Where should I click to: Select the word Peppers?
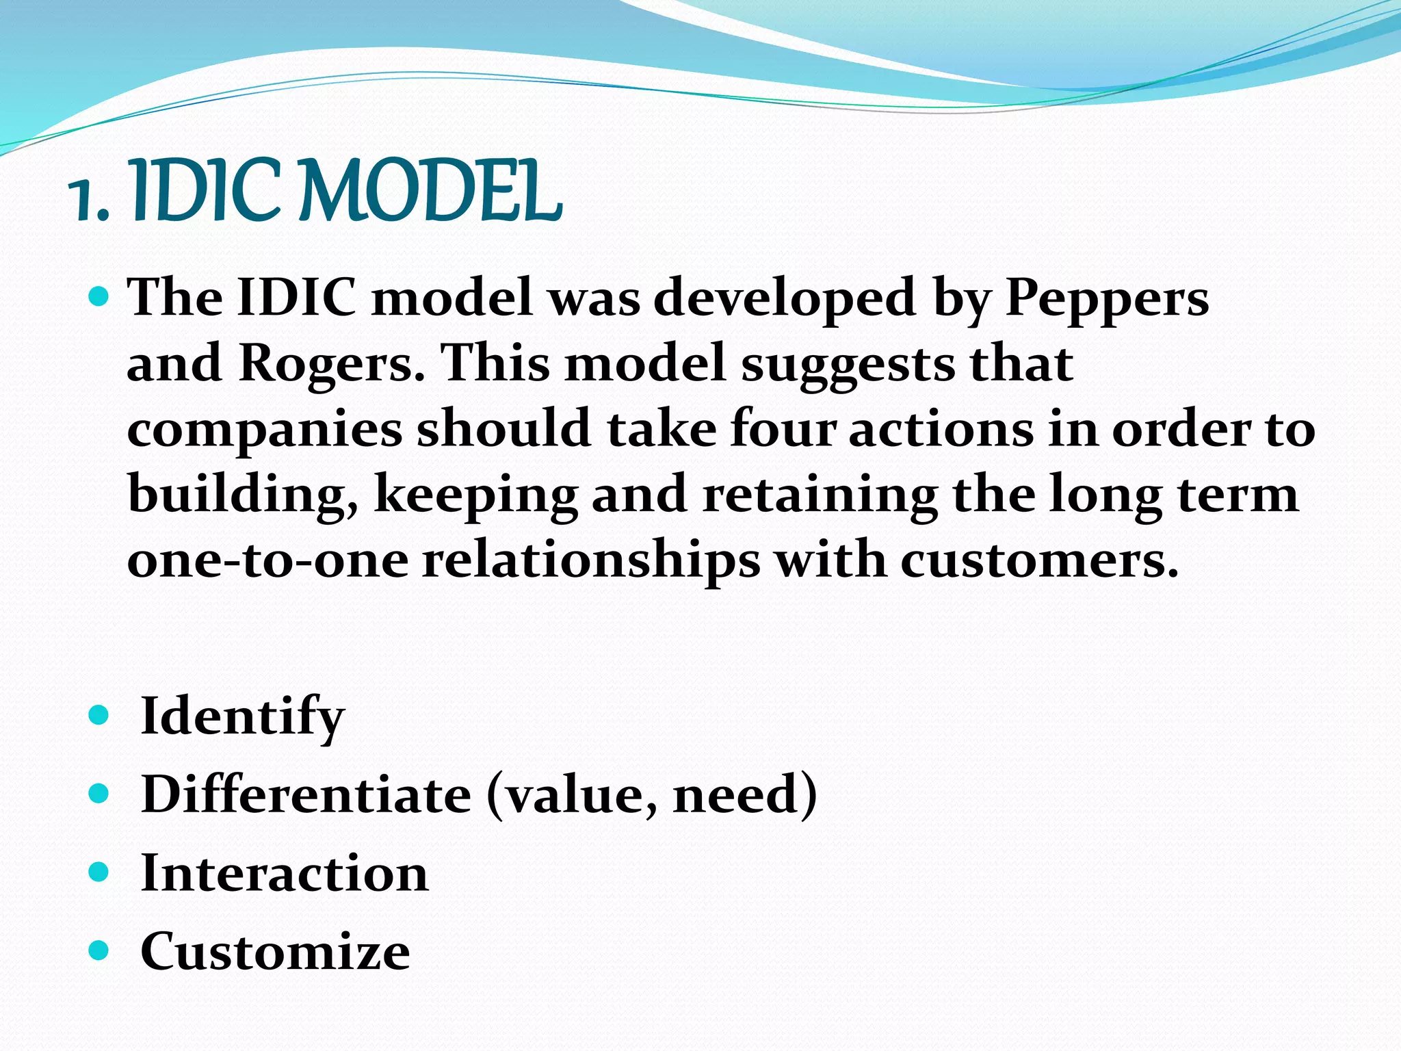tap(1106, 300)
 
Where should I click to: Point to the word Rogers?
tap(331, 364)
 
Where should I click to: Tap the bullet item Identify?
tap(242, 716)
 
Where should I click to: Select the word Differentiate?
tap(306, 794)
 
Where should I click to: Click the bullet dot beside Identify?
tap(99, 716)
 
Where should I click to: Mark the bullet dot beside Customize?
tap(99, 950)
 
